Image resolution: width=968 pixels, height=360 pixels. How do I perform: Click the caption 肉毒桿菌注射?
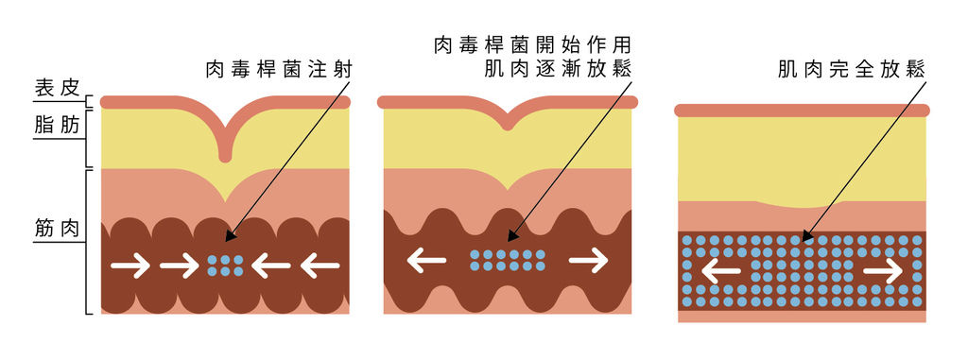point(271,69)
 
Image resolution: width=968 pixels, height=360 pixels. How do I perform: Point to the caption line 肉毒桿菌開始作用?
point(531,44)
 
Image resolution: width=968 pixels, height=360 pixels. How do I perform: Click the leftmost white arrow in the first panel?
point(130,266)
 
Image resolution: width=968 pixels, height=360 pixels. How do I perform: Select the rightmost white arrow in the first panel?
point(320,266)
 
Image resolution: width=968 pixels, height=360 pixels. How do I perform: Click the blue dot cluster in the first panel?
point(225,266)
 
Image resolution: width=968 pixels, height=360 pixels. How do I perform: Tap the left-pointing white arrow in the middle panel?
point(426,260)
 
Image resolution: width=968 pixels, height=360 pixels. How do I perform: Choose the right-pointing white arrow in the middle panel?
point(588,260)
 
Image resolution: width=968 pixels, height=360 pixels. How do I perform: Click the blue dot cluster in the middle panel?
point(508,260)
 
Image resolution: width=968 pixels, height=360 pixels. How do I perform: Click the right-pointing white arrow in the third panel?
point(883,271)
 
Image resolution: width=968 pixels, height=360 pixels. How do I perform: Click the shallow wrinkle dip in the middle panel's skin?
point(508,122)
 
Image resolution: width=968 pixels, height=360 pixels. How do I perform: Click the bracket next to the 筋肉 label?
point(88,241)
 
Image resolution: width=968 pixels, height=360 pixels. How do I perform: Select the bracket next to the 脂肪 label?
point(88,138)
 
